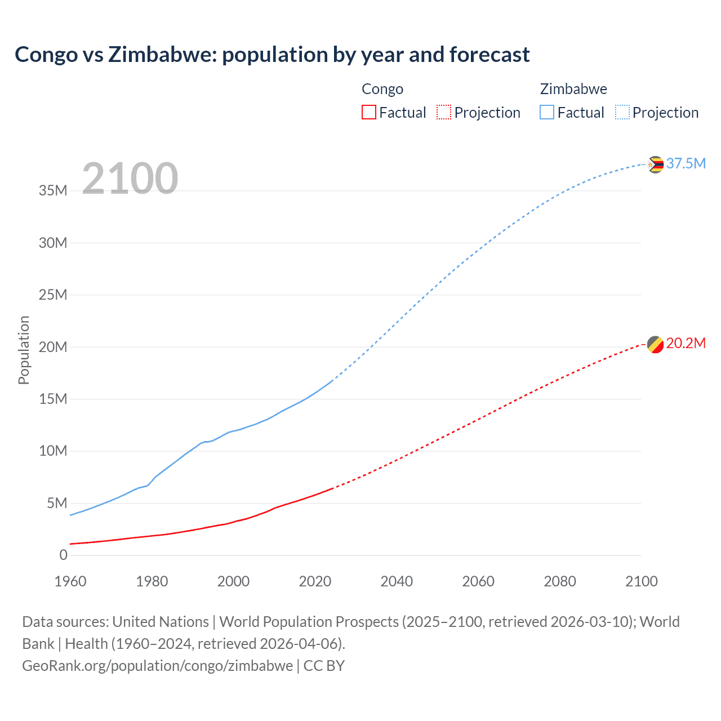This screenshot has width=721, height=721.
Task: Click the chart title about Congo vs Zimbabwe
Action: point(272,55)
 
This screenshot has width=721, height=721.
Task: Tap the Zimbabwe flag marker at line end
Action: point(655,164)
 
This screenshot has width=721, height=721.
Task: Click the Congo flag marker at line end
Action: point(655,344)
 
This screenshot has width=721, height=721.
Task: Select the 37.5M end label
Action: point(686,163)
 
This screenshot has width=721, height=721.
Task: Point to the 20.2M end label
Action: point(686,343)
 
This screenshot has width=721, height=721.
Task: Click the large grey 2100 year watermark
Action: point(130,179)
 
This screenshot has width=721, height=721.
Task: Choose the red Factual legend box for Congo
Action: point(369,112)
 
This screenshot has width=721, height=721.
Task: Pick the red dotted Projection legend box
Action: point(444,112)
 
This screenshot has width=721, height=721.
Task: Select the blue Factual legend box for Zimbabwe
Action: point(547,112)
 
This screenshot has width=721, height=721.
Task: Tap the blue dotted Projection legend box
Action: point(622,112)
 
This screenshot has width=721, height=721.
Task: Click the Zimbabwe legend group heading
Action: point(573,89)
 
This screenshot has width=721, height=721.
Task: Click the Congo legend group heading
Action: point(382,89)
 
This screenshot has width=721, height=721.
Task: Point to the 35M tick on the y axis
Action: point(53,190)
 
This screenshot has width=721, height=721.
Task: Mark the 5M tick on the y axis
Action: point(57,503)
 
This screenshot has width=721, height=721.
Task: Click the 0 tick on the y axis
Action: point(63,555)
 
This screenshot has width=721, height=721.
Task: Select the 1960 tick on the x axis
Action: point(70,581)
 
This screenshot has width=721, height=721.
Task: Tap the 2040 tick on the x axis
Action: point(397,581)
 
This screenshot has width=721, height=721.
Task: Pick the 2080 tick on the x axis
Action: point(560,581)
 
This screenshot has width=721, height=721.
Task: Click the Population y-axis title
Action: point(24,350)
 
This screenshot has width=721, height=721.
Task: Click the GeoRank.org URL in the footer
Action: point(158,666)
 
